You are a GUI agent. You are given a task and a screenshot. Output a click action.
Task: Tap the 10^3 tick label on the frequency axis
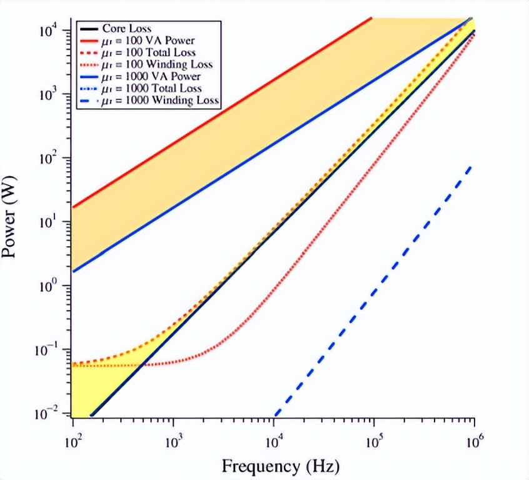(x=173, y=441)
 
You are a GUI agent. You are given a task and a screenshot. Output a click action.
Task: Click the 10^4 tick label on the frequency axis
(x=273, y=441)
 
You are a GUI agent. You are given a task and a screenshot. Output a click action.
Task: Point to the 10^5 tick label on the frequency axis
(x=374, y=441)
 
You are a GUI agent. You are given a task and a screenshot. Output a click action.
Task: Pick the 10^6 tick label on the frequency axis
(x=474, y=441)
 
